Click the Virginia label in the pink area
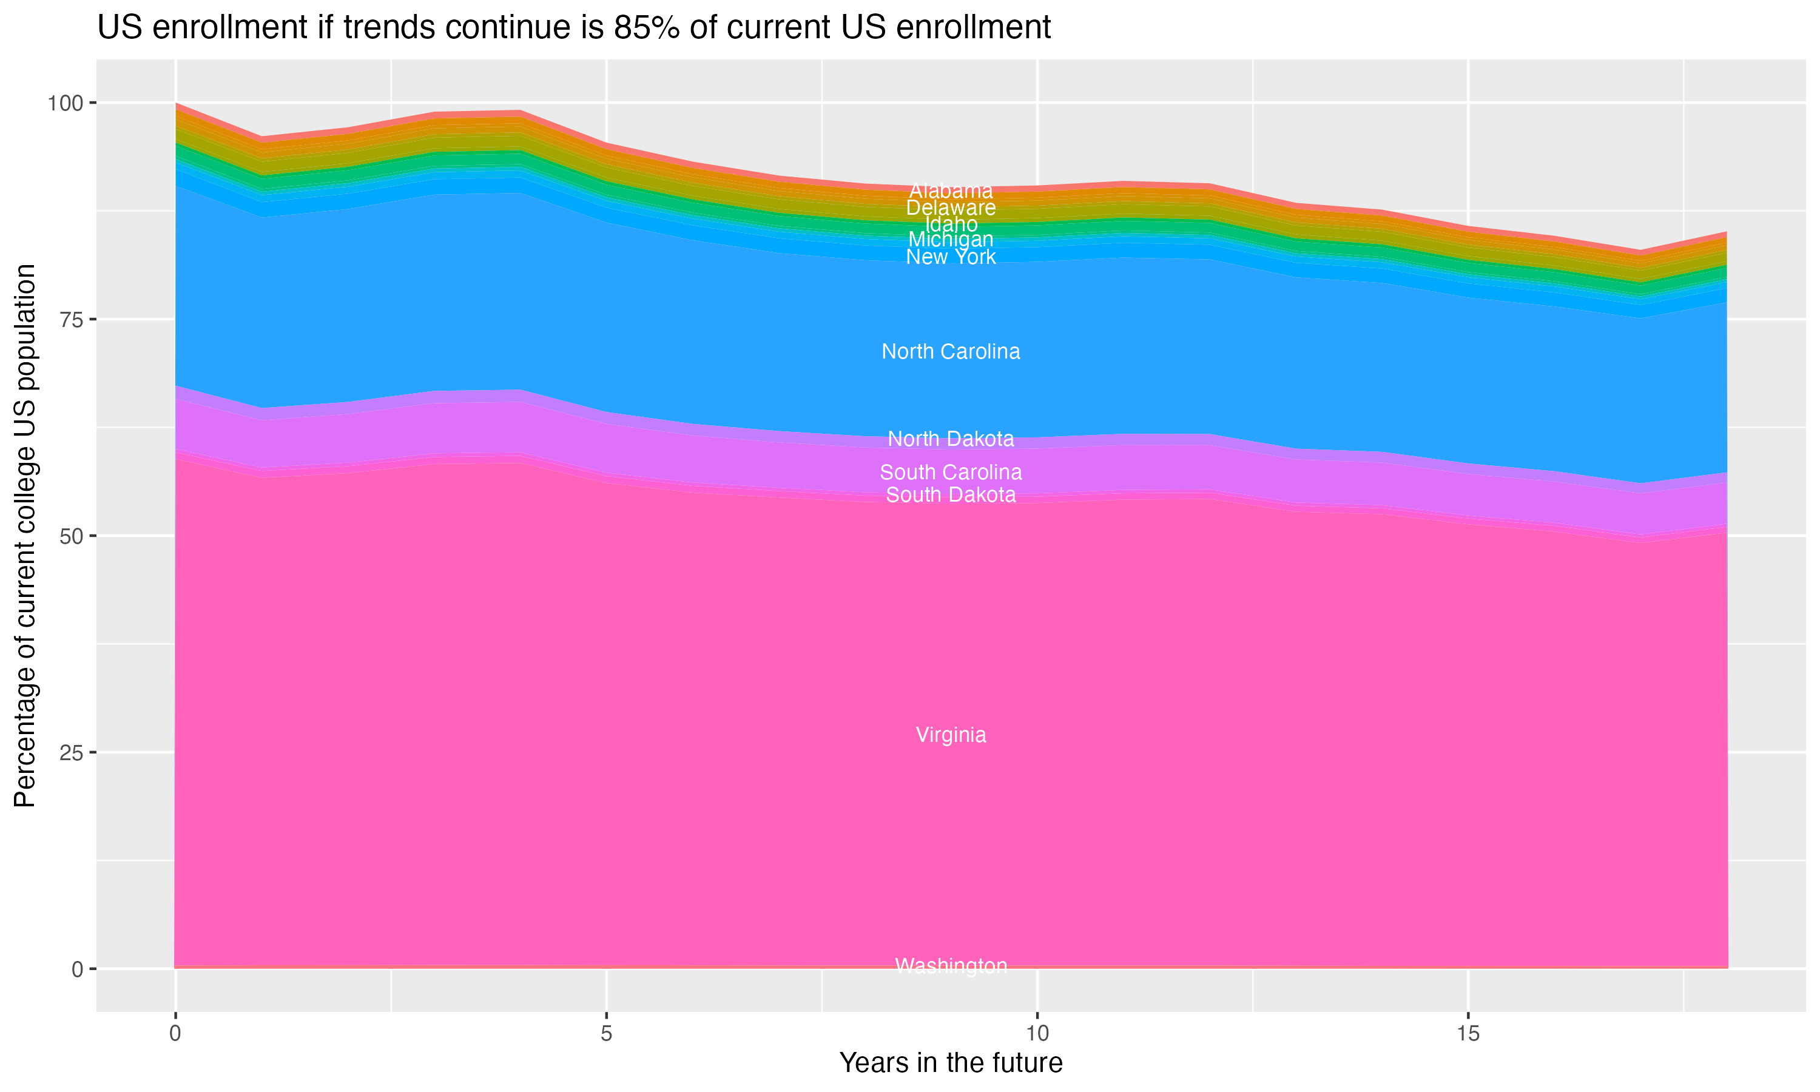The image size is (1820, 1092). tap(951, 735)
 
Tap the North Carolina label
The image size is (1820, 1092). tap(951, 352)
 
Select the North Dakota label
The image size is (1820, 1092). tap(951, 439)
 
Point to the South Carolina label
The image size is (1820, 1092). tap(951, 473)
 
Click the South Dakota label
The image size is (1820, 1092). tap(951, 495)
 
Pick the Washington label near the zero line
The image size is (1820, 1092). tap(951, 966)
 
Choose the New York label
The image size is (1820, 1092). tap(951, 257)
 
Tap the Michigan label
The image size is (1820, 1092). tap(951, 239)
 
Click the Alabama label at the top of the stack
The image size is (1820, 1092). tap(951, 190)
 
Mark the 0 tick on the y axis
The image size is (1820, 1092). tap(77, 969)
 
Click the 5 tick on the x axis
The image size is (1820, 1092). tap(606, 1034)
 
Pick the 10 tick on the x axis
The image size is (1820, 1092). tap(1037, 1034)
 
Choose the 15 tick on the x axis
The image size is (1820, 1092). tap(1468, 1034)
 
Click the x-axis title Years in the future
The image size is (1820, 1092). tap(951, 1063)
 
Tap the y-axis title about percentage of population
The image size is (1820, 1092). tap(25, 536)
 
